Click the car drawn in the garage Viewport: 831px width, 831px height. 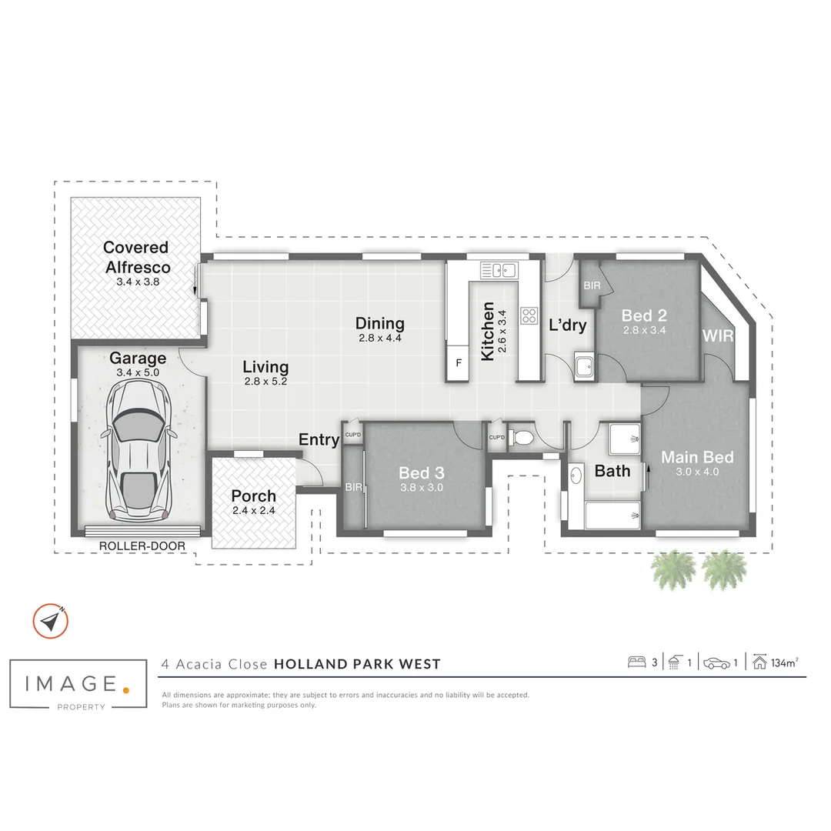tap(138, 449)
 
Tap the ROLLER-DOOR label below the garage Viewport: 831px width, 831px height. tap(142, 546)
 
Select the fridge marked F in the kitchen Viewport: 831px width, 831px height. tap(458, 363)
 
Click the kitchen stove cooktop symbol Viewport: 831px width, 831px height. tap(529, 316)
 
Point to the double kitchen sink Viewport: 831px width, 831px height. tap(498, 270)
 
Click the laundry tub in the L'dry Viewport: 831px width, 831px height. tap(584, 365)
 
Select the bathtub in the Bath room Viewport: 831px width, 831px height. tap(612, 515)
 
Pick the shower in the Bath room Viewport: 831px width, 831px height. tap(624, 439)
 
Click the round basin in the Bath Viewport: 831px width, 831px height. tap(576, 476)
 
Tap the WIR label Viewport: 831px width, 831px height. tap(718, 335)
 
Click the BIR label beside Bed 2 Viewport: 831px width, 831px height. tap(592, 285)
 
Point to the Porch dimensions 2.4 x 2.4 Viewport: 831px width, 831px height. tap(254, 510)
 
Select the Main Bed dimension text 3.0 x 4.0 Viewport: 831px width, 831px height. tap(697, 472)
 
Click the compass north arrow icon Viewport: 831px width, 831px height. tap(50, 621)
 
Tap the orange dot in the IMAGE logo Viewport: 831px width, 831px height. tap(125, 690)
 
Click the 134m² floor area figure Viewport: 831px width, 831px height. tap(785, 662)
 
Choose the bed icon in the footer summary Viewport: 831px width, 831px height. tap(636, 662)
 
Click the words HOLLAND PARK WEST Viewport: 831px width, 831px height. tap(357, 664)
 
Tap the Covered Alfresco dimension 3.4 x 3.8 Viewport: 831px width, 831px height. tap(138, 282)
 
